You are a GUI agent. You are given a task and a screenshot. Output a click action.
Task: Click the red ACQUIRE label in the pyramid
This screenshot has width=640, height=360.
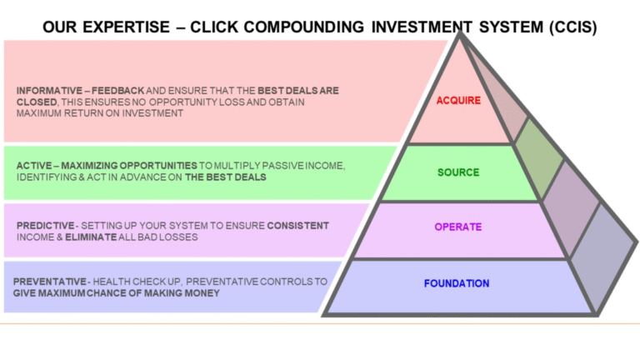pyautogui.click(x=458, y=100)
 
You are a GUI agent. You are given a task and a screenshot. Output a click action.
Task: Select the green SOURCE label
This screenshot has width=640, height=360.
pyautogui.click(x=458, y=172)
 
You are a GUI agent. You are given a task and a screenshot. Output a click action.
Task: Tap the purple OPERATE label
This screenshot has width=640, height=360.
pyautogui.click(x=458, y=227)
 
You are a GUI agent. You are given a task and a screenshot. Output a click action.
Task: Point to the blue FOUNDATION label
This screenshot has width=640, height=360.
pyautogui.click(x=457, y=283)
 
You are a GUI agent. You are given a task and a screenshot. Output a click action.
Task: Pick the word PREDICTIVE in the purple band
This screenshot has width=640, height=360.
pyautogui.click(x=45, y=226)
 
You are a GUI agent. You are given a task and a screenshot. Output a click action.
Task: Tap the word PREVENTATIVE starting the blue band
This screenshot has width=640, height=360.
pyautogui.click(x=49, y=282)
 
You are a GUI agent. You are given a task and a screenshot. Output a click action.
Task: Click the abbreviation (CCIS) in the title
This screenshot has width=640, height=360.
pyautogui.click(x=572, y=27)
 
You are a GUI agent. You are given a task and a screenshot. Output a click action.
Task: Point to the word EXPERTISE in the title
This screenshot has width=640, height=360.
pyautogui.click(x=126, y=27)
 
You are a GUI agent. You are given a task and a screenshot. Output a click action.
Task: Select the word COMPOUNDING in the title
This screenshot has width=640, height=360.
pyautogui.click(x=304, y=27)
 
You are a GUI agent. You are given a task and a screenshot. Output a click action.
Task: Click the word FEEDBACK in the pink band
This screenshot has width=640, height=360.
pyautogui.click(x=118, y=91)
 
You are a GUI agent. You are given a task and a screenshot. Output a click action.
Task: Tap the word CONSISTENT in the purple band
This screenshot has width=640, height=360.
pyautogui.click(x=298, y=226)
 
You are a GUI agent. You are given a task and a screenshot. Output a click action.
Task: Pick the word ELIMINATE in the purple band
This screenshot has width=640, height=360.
pyautogui.click(x=91, y=237)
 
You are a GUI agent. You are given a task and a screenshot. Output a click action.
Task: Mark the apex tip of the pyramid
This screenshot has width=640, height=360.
pyautogui.click(x=460, y=32)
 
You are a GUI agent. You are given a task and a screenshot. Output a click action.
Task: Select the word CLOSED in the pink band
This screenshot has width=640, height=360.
pyautogui.click(x=37, y=102)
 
